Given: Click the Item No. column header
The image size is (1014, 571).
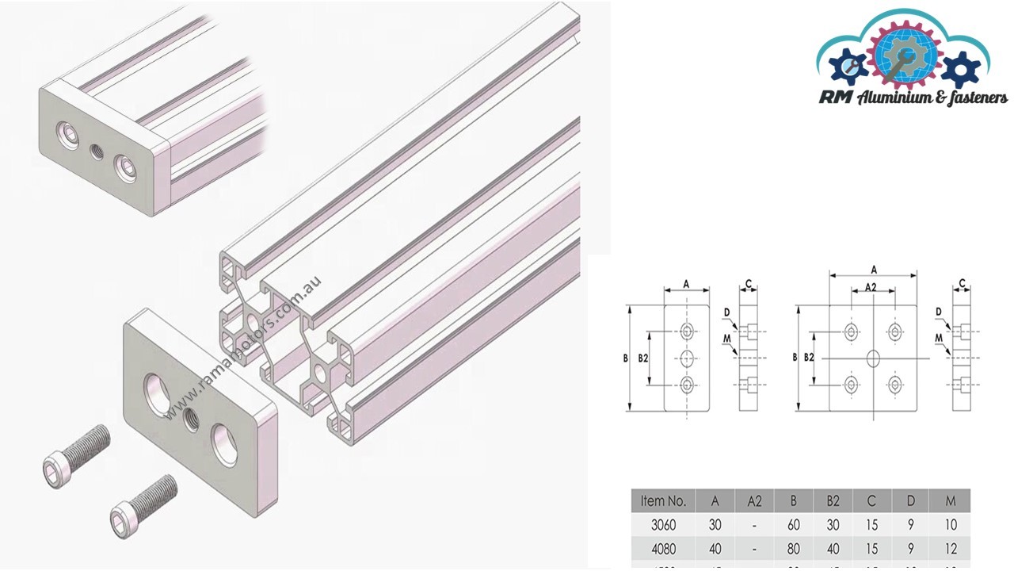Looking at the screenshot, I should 663,500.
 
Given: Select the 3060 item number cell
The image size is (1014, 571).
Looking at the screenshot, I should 663,524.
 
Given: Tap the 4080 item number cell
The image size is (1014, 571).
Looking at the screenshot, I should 663,548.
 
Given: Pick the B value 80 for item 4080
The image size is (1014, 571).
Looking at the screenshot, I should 794,548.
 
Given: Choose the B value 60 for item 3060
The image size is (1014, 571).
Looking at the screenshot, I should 794,524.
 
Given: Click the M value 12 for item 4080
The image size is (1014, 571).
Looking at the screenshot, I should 951,548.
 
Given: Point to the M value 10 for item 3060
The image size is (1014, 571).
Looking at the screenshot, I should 951,524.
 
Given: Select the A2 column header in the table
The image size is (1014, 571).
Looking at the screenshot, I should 754,500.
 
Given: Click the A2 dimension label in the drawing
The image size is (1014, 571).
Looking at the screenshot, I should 871,286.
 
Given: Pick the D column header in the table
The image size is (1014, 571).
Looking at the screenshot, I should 911,500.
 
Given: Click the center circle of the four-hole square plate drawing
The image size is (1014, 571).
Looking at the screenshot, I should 873,358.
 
